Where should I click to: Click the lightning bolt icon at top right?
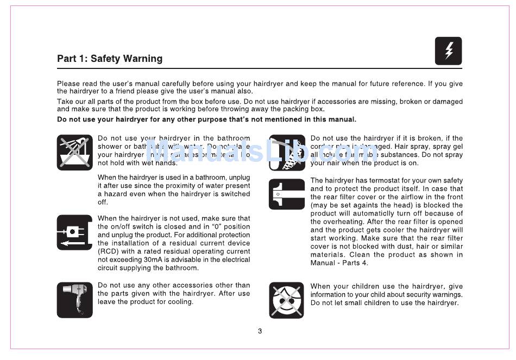click(x=448, y=51)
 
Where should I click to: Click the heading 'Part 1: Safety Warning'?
click(x=110, y=59)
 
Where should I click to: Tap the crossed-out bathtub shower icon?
click(x=75, y=152)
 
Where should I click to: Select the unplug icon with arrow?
click(x=75, y=232)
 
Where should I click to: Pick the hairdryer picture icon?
click(x=75, y=300)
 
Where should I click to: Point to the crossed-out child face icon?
click(x=287, y=300)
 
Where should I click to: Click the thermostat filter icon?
click(x=287, y=194)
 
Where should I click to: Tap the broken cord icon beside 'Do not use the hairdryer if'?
click(x=287, y=152)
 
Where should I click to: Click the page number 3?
click(x=260, y=331)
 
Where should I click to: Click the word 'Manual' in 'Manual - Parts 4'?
click(x=323, y=263)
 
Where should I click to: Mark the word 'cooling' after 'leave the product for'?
click(x=180, y=302)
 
